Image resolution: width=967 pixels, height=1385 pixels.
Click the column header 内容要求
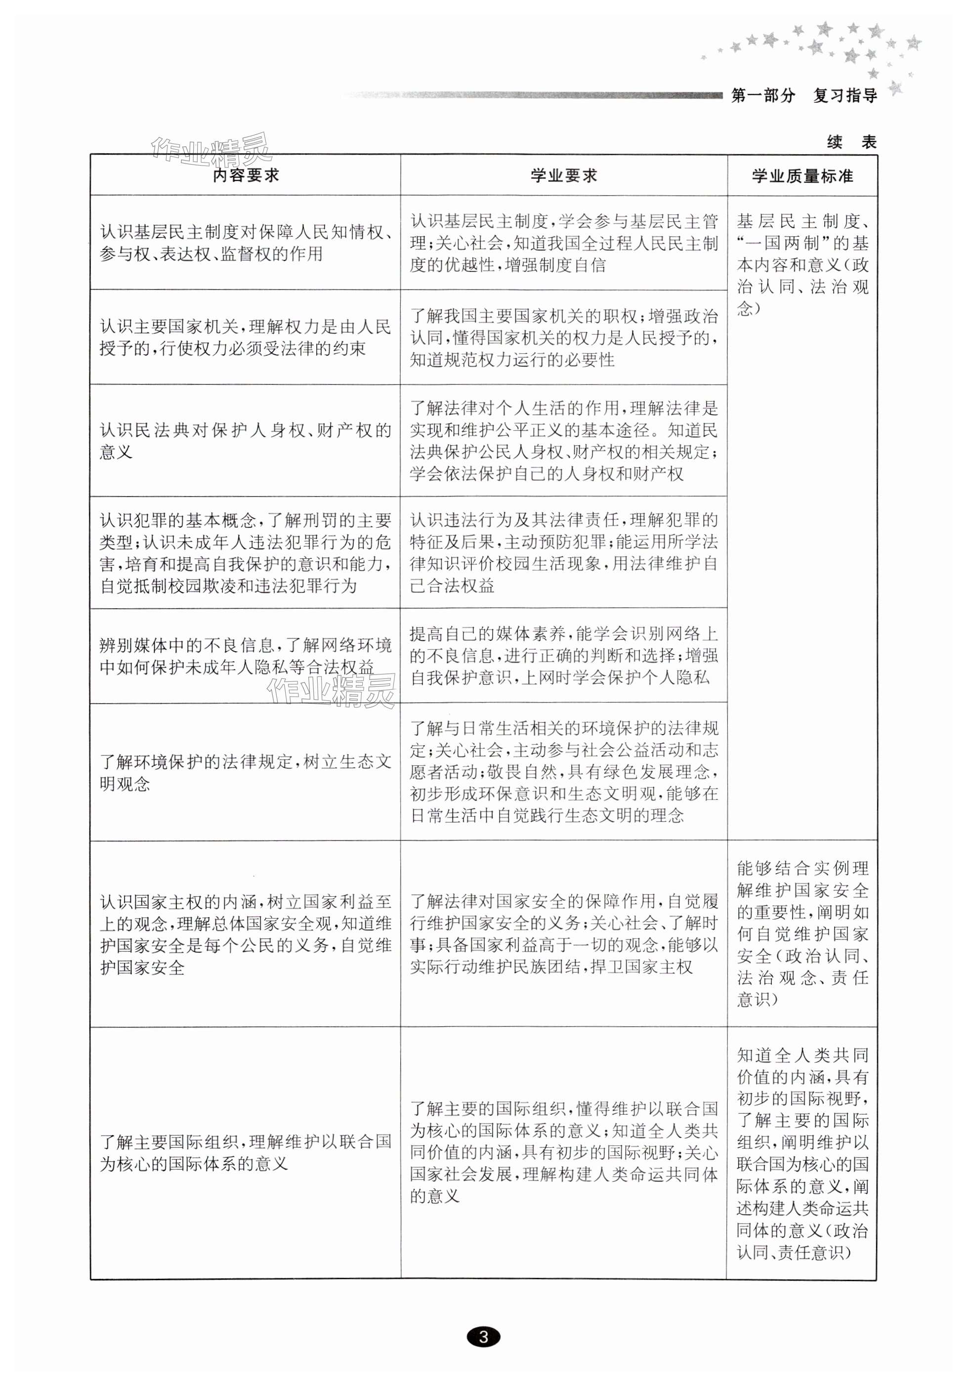click(x=246, y=175)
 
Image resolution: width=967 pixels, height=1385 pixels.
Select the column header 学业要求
click(x=563, y=175)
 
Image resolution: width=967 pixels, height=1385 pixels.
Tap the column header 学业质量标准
click(x=801, y=176)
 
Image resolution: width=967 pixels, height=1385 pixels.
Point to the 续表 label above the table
click(x=851, y=142)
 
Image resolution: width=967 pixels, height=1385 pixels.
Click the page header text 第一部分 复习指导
click(x=803, y=95)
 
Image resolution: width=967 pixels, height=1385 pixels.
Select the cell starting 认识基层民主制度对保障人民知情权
click(x=246, y=243)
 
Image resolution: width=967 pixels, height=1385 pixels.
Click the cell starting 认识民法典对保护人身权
click(x=246, y=440)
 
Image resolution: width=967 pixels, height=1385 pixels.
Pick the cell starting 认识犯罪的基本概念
click(x=246, y=552)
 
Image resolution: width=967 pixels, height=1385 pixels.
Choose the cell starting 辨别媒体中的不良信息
click(x=246, y=656)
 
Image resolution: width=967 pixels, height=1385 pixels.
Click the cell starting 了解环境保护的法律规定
click(x=246, y=772)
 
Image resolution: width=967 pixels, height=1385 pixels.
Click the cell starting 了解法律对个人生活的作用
click(x=563, y=440)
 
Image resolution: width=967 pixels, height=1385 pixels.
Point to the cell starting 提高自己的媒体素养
click(x=563, y=656)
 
